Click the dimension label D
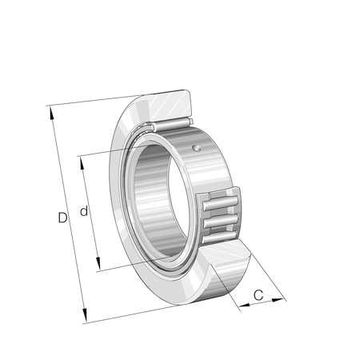(62, 218)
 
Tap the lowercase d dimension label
(84, 211)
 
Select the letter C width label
(258, 295)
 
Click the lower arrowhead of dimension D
(85, 315)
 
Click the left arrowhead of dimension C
(245, 305)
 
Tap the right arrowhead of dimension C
(278, 300)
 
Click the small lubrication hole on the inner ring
(197, 148)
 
